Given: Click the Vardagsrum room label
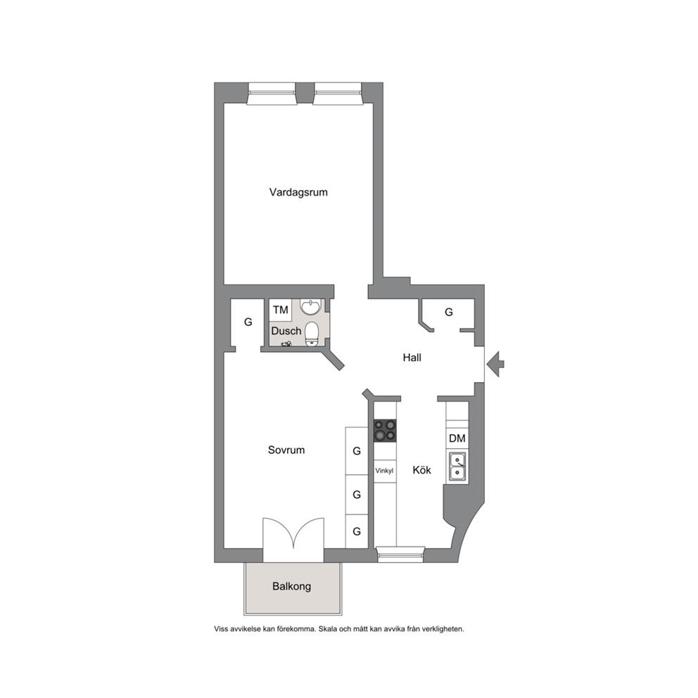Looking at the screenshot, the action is click(x=298, y=192).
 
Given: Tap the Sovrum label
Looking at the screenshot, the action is click(x=286, y=450).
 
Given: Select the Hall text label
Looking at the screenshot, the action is click(x=412, y=357).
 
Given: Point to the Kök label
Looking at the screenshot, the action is click(x=421, y=470).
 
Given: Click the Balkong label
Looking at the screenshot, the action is click(x=291, y=586).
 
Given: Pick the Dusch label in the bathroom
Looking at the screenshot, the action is click(x=286, y=331).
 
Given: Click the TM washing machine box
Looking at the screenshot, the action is click(x=281, y=310).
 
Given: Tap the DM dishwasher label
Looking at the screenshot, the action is click(x=457, y=438).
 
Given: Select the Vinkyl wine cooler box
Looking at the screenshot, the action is click(x=385, y=471).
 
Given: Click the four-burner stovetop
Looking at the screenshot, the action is click(x=385, y=431).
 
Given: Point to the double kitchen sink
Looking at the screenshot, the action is click(x=457, y=466).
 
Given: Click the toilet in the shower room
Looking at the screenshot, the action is click(x=312, y=334).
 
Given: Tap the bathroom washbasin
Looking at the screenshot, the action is click(x=310, y=306).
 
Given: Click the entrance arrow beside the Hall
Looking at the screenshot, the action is click(x=495, y=364).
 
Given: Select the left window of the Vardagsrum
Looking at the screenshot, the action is click(x=272, y=94).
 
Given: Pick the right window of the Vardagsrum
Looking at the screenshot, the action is click(x=337, y=94).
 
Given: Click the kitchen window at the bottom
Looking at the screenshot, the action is click(x=400, y=554).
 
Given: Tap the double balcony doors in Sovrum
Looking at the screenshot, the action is click(x=293, y=540).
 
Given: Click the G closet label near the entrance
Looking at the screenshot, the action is click(x=449, y=312).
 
